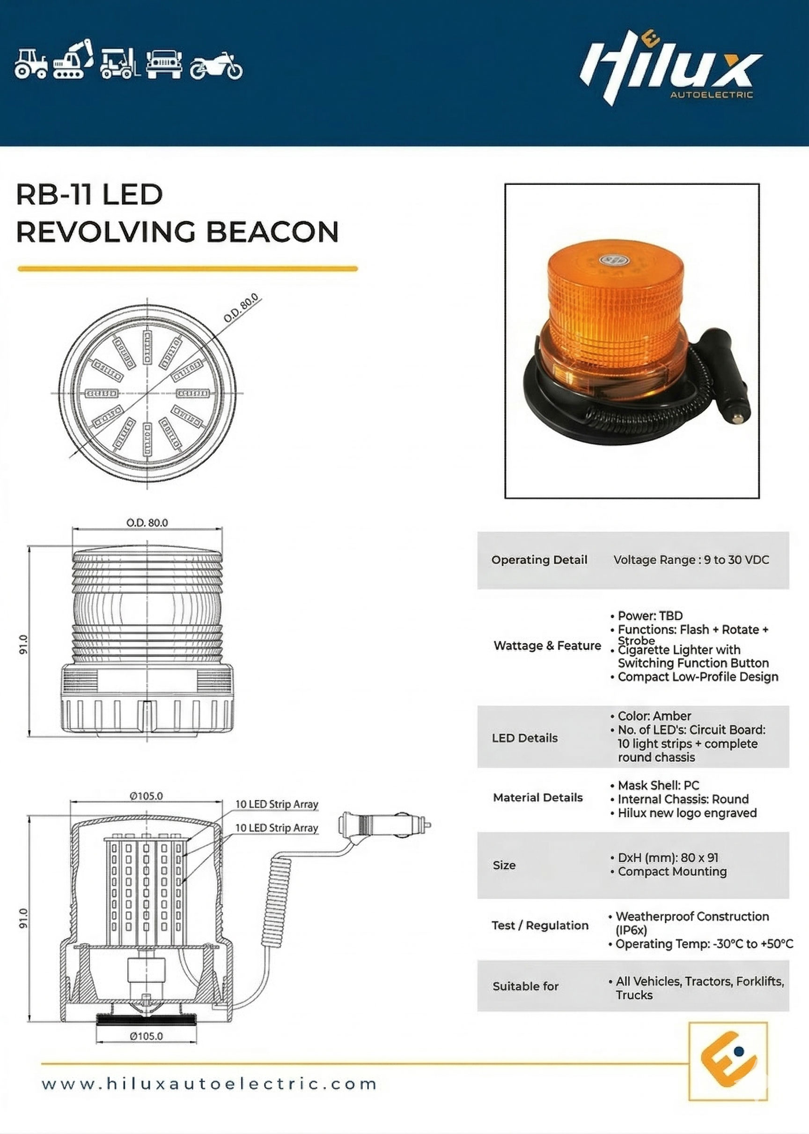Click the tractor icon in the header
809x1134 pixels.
pos(31,64)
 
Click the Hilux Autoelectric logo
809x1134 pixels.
pos(670,68)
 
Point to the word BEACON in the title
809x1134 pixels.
pos(272,232)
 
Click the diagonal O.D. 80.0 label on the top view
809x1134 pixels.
pos(241,308)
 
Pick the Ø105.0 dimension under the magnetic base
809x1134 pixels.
pos(147,1036)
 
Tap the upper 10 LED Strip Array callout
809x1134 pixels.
pos(277,805)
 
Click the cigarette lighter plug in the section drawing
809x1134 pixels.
pos(384,825)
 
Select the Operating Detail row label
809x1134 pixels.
pos(539,560)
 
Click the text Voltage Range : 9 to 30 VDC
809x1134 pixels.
pos(691,560)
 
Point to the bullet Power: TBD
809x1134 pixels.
pos(647,616)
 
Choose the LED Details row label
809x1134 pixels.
pos(524,738)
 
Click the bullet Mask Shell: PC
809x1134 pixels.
pos(655,785)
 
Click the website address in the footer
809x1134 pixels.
pos(209,1084)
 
